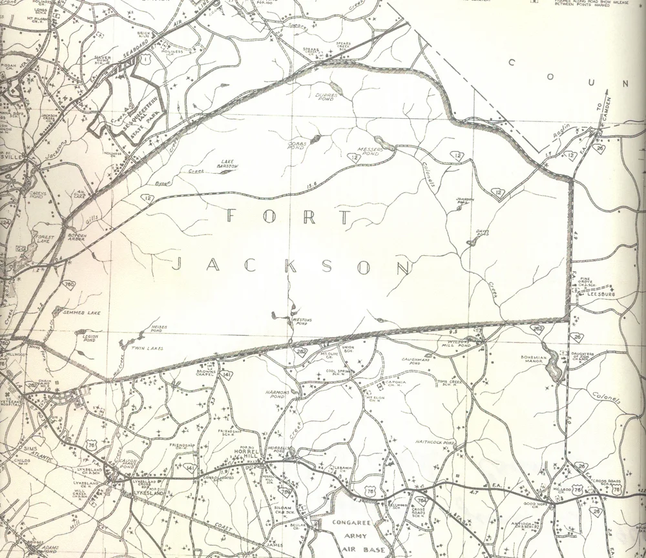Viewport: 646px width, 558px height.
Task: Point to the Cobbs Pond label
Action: (297, 143)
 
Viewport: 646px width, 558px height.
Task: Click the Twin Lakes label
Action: (149, 349)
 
